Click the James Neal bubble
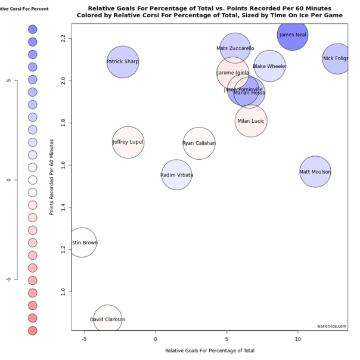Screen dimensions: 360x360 [x=292, y=35]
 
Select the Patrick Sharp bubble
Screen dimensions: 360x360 [x=123, y=61]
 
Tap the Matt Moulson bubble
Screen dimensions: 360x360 [x=315, y=172]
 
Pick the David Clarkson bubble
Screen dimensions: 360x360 [x=108, y=319]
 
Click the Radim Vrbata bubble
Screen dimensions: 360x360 [x=177, y=175]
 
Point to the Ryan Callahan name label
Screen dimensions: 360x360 [x=198, y=143]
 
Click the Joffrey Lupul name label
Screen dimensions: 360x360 [x=128, y=142]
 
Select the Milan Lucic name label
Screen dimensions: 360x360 [x=250, y=121]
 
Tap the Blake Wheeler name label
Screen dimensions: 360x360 [x=269, y=66]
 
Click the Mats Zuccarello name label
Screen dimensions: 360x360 [x=235, y=48]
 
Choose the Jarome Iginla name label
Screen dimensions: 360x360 [x=233, y=73]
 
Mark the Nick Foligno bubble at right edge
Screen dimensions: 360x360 [x=338, y=59]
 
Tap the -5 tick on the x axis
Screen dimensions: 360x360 [x=84, y=339]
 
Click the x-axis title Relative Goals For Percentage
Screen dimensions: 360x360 [x=210, y=350]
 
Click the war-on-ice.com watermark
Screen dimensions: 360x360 [x=331, y=326]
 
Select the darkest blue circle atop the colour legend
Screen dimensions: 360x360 [x=33, y=29]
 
